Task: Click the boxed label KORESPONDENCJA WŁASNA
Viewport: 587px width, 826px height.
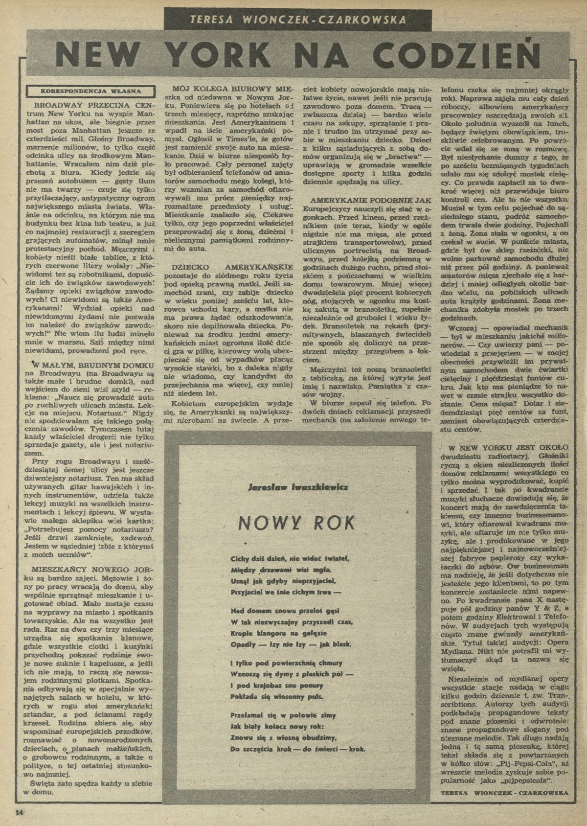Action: [91, 91]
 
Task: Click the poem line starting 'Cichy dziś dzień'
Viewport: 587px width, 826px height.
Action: [291, 558]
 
